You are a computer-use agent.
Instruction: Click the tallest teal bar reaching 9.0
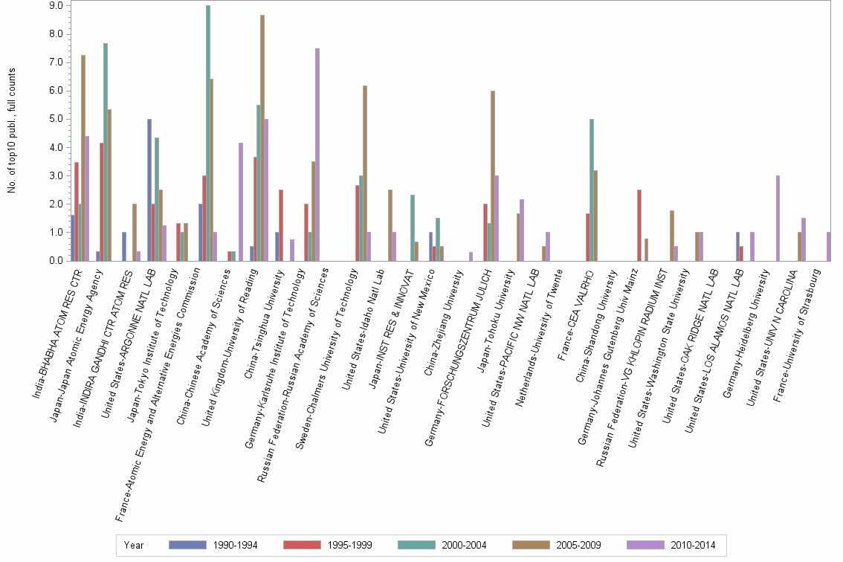click(x=208, y=134)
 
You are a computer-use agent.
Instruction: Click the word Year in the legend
click(x=135, y=545)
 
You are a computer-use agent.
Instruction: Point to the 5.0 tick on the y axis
click(x=56, y=119)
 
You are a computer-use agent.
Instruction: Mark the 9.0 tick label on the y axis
click(x=56, y=5)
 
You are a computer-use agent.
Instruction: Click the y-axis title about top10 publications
click(x=12, y=130)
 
